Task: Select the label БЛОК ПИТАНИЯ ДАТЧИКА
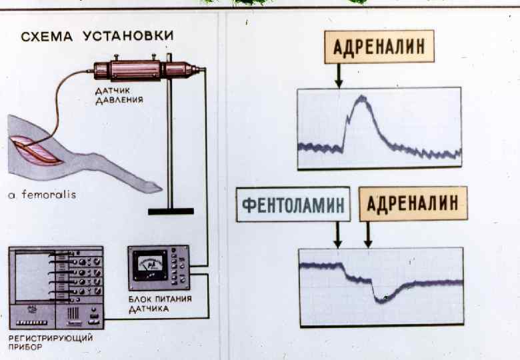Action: [x=159, y=303]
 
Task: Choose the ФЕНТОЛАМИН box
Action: [x=293, y=204]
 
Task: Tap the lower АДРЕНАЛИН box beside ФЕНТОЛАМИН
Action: [x=413, y=204]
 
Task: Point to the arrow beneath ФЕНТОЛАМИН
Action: [x=338, y=235]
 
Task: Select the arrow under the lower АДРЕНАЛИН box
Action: [x=368, y=235]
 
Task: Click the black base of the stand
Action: [x=171, y=211]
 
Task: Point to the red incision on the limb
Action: [x=39, y=151]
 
